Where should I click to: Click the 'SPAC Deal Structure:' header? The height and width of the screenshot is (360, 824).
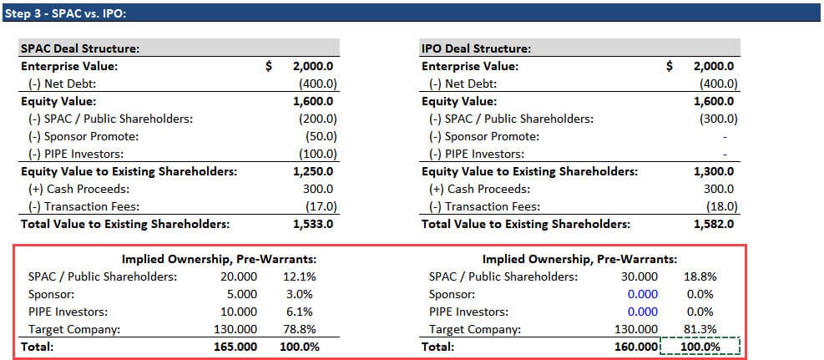coord(79,48)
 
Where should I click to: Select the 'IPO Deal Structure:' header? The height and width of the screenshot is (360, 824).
coord(476,48)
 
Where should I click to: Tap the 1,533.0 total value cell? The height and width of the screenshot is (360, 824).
coord(316,223)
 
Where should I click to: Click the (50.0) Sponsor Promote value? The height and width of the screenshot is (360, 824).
coord(317,136)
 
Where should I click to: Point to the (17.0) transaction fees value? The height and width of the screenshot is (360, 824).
coord(317,206)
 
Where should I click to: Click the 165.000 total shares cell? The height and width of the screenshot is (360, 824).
coord(236,346)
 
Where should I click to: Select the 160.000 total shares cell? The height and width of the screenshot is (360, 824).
coord(635,346)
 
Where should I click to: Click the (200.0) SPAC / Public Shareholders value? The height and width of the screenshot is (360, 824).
coord(317,119)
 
